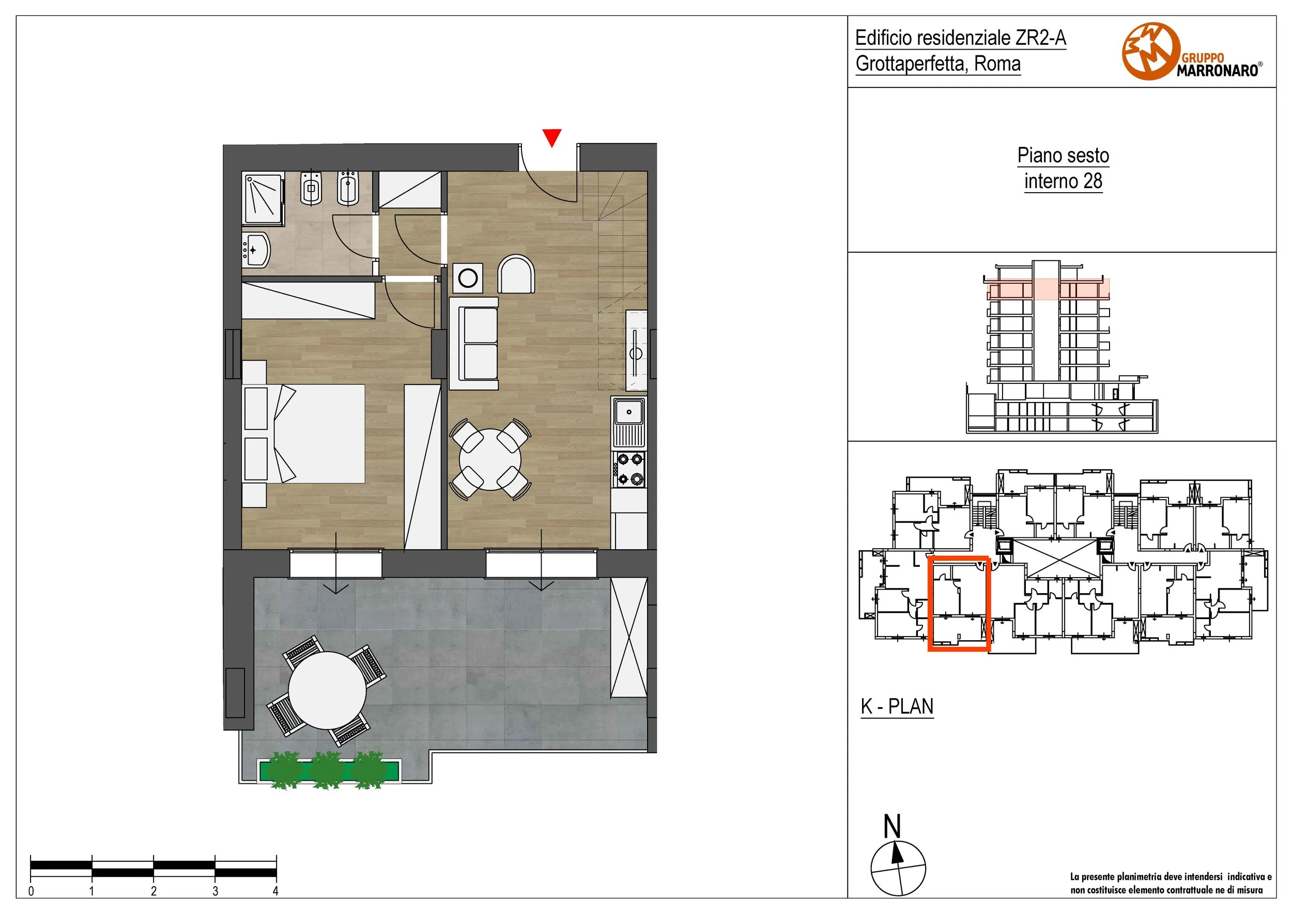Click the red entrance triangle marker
(x=551, y=137)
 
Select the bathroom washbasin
(x=257, y=250)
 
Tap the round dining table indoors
(x=490, y=459)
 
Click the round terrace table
(x=327, y=690)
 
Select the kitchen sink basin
(x=629, y=411)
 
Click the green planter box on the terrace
(x=329, y=769)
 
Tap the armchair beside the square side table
(x=516, y=274)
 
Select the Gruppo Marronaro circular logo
(x=1151, y=51)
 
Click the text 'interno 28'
(x=1063, y=181)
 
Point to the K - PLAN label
(x=897, y=706)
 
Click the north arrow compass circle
(x=898, y=868)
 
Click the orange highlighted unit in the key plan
(x=958, y=603)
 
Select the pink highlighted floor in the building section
(x=1048, y=290)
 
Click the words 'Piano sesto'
(x=1063, y=155)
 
